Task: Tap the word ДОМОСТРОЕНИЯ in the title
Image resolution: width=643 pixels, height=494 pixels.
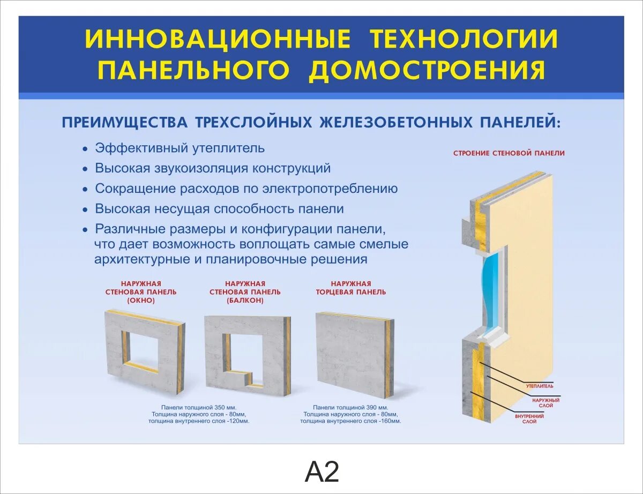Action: point(428,71)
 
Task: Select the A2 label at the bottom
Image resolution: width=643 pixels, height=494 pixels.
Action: point(322,472)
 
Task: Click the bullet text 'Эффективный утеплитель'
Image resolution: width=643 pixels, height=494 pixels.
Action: point(180,148)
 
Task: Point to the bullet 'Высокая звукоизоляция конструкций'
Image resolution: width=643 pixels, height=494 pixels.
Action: point(213,168)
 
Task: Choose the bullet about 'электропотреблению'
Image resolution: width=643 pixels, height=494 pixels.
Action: point(246,189)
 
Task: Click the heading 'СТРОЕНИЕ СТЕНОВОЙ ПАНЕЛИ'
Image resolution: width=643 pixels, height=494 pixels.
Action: point(509,153)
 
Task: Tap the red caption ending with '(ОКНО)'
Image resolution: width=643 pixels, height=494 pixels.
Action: point(141,292)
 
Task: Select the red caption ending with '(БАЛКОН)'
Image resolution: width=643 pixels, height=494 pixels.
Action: point(245,292)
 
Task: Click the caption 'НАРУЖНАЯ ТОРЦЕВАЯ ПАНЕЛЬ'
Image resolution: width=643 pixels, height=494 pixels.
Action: point(351,288)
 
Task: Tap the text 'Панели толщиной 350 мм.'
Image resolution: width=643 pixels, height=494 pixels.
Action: point(199,407)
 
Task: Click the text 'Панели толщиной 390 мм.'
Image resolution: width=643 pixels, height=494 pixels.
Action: point(350,407)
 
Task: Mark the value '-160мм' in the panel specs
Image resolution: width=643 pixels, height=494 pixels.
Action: point(389,421)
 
